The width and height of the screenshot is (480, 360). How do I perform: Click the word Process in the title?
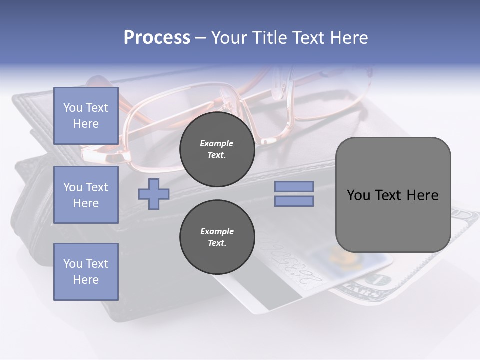[157, 38]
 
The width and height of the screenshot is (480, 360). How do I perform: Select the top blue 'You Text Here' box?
[86, 116]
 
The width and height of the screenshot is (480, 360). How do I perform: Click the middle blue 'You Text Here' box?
[86, 195]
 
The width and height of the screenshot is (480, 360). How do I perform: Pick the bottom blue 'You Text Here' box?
[86, 272]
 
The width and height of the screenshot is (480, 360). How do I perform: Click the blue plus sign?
[154, 194]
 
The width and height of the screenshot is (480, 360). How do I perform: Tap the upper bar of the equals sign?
[294, 186]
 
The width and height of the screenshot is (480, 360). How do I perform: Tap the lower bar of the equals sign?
[294, 201]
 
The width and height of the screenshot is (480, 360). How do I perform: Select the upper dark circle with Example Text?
[217, 149]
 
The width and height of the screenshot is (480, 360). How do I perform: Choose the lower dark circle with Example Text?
[217, 237]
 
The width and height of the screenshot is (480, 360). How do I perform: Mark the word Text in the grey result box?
[390, 195]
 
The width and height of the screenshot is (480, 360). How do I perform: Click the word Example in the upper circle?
[217, 143]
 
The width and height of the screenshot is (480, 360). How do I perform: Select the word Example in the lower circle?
[217, 231]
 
